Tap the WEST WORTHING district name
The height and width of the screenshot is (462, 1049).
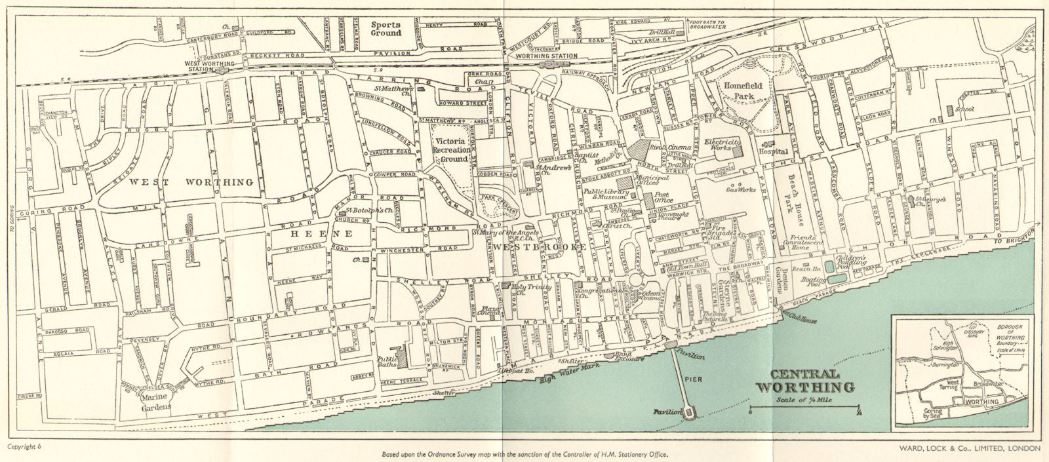191,182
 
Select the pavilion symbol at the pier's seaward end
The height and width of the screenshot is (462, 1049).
688,412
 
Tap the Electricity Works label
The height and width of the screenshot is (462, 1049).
722,146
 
